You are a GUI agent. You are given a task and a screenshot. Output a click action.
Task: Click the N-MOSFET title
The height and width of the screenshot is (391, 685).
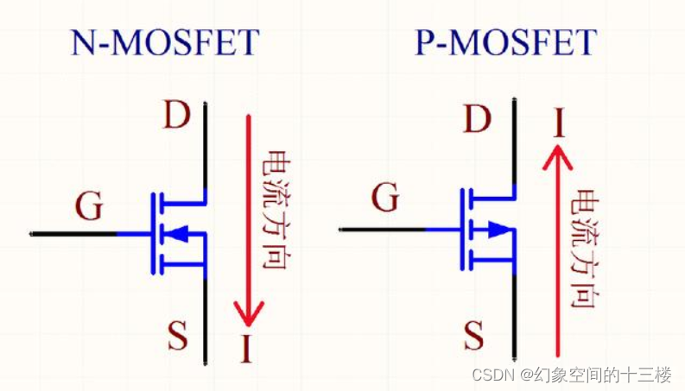164,42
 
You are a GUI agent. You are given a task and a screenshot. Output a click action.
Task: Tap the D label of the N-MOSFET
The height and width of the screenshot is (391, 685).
176,116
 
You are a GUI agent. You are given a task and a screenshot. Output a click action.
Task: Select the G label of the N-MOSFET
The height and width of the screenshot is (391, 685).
89,207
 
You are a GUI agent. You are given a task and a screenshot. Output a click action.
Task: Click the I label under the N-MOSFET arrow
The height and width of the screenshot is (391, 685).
246,350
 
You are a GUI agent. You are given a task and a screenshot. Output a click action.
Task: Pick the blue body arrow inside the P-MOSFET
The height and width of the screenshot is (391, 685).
497,229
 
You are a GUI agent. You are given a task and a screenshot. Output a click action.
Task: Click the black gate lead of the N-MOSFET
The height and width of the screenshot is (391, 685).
73,233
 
